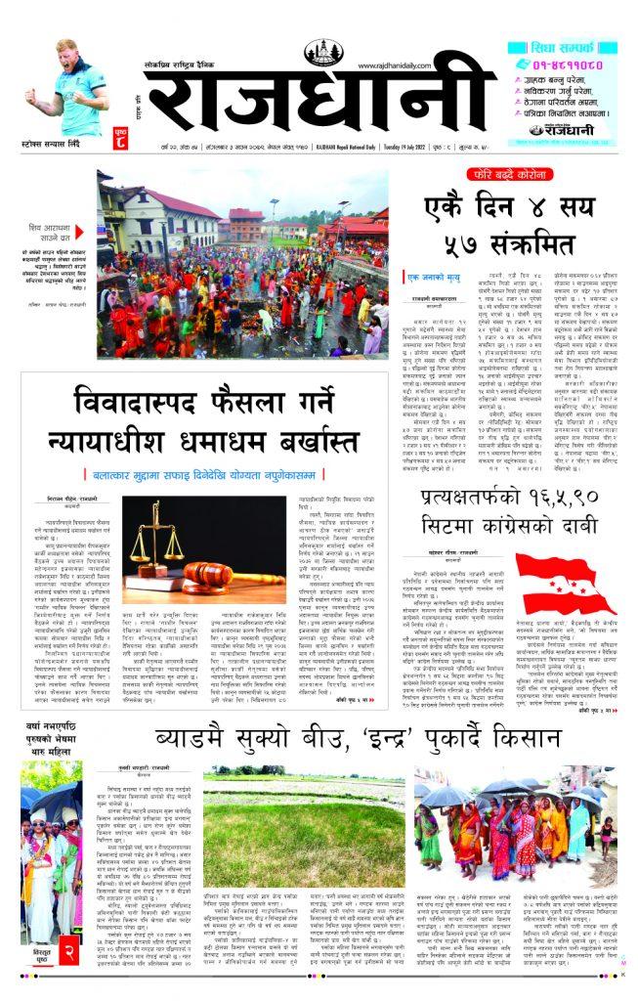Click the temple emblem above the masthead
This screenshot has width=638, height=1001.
[324, 52]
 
